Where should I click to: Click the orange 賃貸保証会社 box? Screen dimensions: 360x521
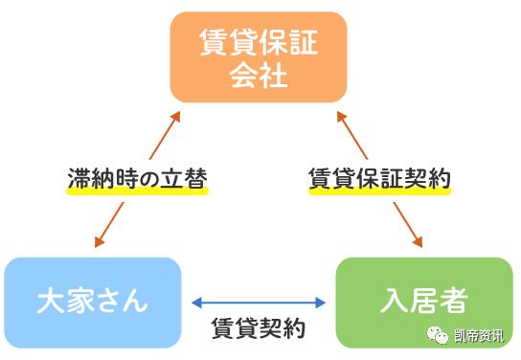pos(259,57)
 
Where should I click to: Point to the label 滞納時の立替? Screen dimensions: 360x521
pos(137,179)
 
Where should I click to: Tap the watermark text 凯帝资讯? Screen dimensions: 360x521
pos(480,336)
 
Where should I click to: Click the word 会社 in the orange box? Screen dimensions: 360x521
pos(259,76)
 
